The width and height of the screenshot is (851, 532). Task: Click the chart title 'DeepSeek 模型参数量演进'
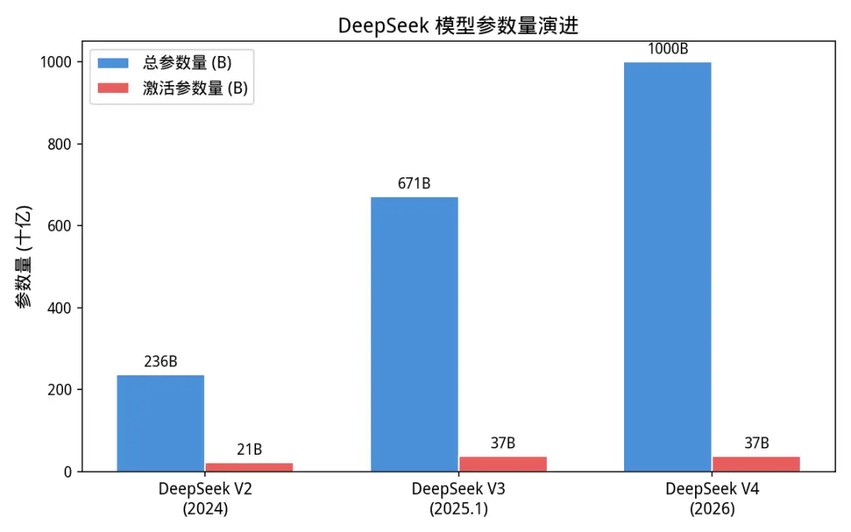coord(458,25)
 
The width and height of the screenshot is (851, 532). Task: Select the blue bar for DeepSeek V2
coord(161,423)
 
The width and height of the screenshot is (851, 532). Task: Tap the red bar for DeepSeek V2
coord(249,467)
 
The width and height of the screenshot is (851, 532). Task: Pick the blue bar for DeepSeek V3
coord(414,334)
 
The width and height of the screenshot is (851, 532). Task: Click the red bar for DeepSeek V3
coord(503,464)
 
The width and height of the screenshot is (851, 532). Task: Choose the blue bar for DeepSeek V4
coord(667,266)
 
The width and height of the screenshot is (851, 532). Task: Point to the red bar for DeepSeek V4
coord(756,464)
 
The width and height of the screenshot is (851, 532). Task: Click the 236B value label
coord(161,363)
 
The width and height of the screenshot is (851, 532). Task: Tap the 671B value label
coord(414,184)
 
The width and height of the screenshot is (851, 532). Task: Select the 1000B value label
coord(667,49)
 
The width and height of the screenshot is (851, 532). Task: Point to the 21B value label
coord(249,450)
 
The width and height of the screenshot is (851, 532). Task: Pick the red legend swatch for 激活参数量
coord(113,88)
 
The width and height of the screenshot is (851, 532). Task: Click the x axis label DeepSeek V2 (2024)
coord(205,498)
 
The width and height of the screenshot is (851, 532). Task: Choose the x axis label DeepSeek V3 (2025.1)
coord(459,498)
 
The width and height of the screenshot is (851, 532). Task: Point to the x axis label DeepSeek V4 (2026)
coord(712,498)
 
